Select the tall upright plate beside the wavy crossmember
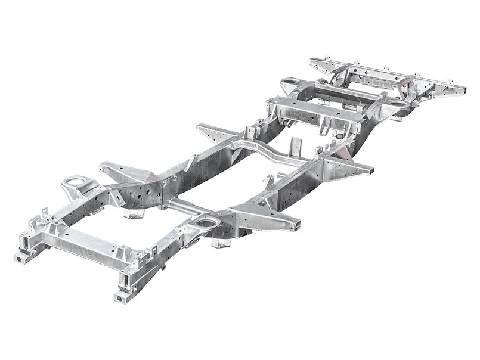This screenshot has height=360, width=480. tap(296, 146)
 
